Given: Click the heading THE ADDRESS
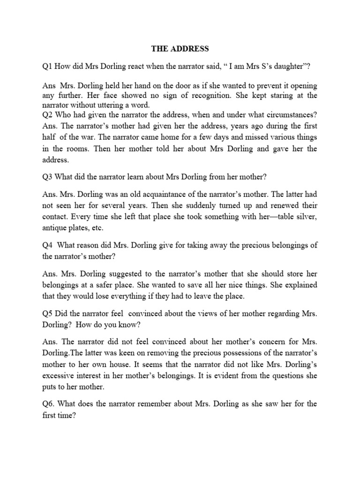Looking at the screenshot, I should click(x=180, y=48).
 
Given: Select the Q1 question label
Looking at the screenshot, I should click(x=47, y=67).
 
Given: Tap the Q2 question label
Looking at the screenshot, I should click(x=47, y=115).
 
